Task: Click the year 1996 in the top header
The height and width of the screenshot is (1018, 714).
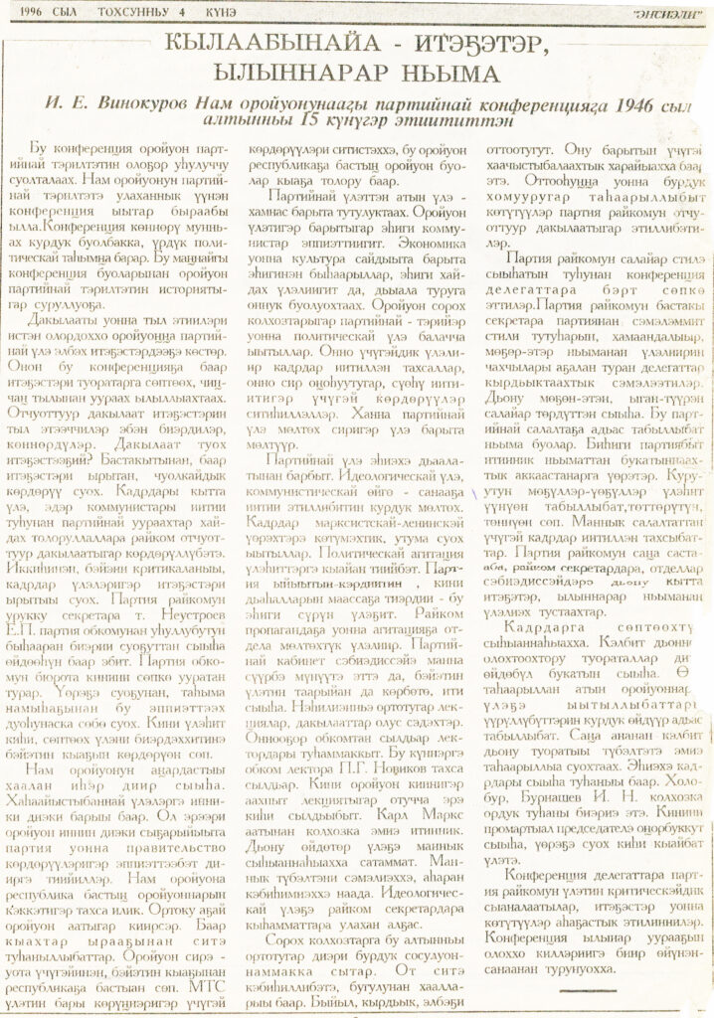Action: coord(28,13)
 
